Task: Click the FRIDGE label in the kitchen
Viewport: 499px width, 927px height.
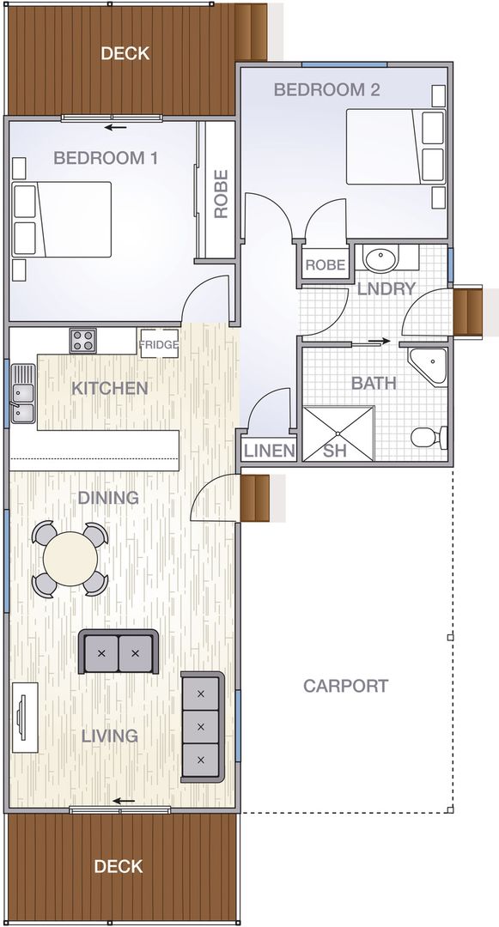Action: (x=159, y=344)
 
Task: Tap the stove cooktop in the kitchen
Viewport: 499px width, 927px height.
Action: (x=83, y=340)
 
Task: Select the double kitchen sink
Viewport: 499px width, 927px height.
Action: (x=22, y=394)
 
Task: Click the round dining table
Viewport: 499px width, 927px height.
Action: (x=70, y=560)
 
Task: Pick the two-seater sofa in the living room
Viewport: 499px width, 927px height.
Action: (x=119, y=652)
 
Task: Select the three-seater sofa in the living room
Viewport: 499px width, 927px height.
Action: (x=202, y=726)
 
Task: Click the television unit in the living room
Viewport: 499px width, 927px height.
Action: (x=23, y=718)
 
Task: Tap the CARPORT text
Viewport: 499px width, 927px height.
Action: (x=345, y=686)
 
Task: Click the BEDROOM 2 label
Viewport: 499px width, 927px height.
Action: (x=326, y=89)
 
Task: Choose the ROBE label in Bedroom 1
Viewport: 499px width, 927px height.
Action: (x=221, y=194)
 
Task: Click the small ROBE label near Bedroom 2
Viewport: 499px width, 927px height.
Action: (x=326, y=265)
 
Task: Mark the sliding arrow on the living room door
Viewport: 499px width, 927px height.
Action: (x=125, y=802)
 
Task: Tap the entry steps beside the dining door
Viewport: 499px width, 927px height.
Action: (x=255, y=497)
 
